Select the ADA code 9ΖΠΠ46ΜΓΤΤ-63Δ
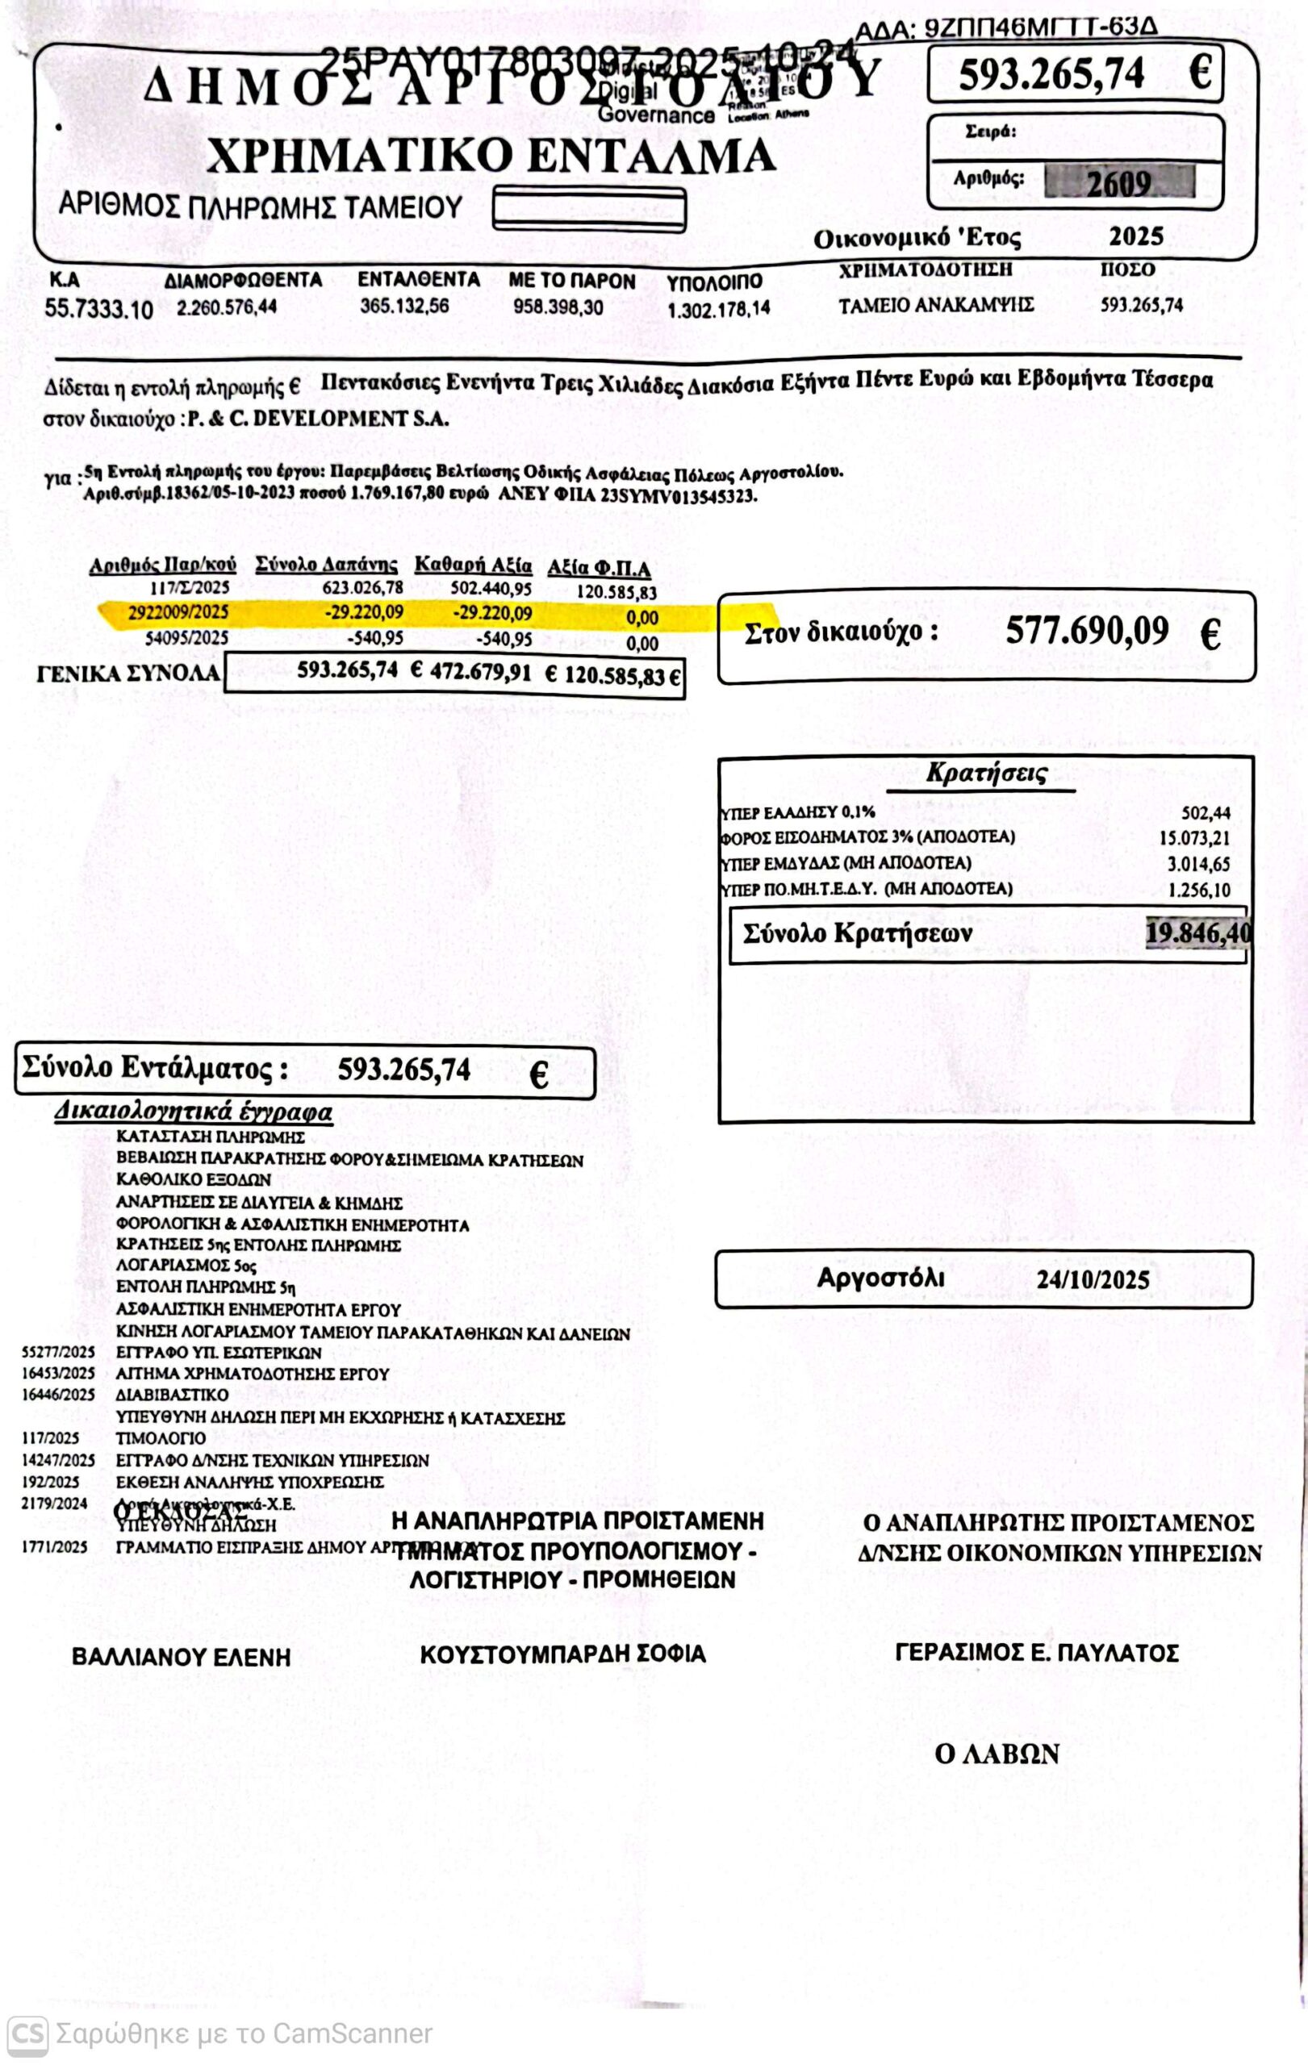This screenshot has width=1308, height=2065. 1040,28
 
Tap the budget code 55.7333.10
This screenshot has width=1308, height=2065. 98,310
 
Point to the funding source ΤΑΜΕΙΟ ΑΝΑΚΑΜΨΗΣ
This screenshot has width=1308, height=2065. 936,305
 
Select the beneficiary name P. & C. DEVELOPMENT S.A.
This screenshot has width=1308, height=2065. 318,419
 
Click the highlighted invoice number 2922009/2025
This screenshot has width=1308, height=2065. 178,612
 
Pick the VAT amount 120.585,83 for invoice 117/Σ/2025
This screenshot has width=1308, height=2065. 616,593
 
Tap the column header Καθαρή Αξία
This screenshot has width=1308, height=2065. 473,566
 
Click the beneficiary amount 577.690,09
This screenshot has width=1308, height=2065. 1087,632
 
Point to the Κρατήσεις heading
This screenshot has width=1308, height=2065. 986,774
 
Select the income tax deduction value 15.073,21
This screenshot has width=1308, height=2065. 1193,839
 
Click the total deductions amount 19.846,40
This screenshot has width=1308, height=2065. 1197,933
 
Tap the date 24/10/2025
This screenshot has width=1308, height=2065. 1093,1280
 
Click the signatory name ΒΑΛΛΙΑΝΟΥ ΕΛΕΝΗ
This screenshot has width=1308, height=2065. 181,1658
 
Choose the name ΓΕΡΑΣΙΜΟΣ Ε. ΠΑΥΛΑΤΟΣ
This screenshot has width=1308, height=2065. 1036,1654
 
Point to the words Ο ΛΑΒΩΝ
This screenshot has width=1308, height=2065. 997,1754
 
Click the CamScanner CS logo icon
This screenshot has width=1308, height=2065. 27,2034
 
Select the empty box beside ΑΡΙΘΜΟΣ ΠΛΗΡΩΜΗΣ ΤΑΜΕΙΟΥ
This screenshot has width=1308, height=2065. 588,210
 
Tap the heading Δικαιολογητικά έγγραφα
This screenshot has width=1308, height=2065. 193,1112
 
